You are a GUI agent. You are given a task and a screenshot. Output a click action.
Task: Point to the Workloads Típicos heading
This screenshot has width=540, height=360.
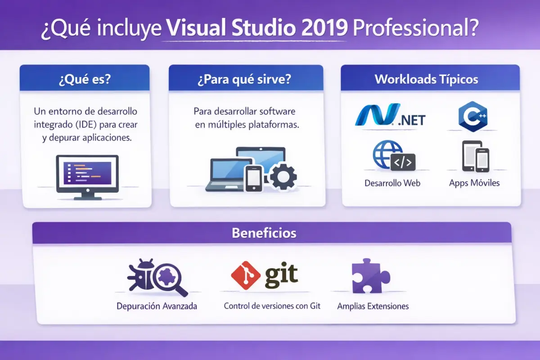coord(426,80)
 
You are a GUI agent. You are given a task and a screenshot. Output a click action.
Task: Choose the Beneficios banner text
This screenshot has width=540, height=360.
coord(264,233)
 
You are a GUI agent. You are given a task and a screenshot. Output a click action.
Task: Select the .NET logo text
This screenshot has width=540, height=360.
coord(409,119)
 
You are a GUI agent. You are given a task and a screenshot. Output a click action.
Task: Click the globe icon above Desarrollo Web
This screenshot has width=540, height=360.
coord(387,154)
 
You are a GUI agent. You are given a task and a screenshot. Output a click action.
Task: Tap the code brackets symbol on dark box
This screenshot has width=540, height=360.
coord(403,163)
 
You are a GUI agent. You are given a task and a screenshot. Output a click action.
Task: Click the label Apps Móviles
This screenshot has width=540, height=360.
coord(474,183)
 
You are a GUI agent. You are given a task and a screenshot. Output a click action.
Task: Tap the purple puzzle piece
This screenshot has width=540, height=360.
coord(369,276)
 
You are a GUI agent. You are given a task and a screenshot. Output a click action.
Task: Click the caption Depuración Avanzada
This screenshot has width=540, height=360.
coord(157,306)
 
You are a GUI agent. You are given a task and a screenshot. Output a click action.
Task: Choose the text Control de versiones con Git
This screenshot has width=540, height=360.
coord(272,306)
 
